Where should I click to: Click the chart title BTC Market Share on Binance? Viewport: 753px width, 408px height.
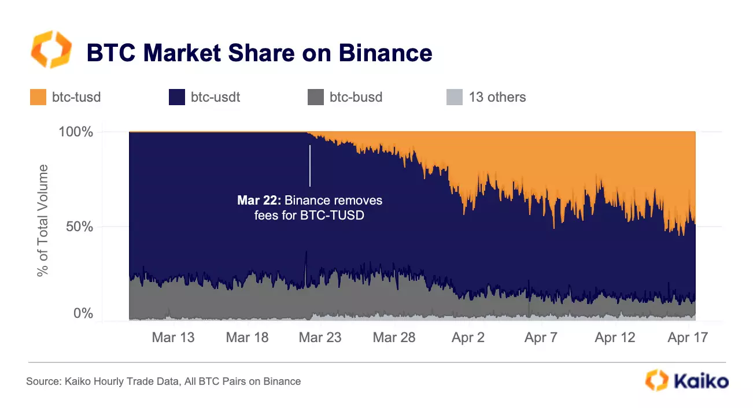(x=259, y=53)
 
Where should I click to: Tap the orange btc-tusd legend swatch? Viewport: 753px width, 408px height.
(x=38, y=97)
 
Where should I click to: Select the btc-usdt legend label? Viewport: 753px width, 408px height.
(x=215, y=97)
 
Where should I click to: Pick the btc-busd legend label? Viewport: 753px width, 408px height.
(x=355, y=97)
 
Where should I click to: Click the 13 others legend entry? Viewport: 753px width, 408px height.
(x=497, y=97)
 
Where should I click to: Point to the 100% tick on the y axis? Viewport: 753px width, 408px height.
(x=76, y=132)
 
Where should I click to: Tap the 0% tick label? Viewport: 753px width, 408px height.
(x=83, y=314)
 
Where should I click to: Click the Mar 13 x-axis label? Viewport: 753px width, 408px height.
(x=173, y=338)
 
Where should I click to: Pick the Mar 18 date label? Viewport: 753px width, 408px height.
(x=247, y=338)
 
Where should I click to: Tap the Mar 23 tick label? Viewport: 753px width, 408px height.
(x=320, y=338)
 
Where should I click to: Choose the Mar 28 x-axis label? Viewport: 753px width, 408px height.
(x=394, y=338)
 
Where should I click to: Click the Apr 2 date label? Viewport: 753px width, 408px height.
(x=468, y=338)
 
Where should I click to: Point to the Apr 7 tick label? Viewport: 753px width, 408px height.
(x=541, y=338)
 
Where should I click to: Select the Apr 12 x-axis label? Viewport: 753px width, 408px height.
(x=615, y=338)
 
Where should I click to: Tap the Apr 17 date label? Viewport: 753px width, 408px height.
(x=688, y=338)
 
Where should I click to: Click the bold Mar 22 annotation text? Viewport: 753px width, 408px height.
(x=259, y=201)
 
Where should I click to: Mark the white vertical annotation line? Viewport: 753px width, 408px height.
(x=310, y=165)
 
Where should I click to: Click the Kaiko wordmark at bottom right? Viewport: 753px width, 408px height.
(x=700, y=381)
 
